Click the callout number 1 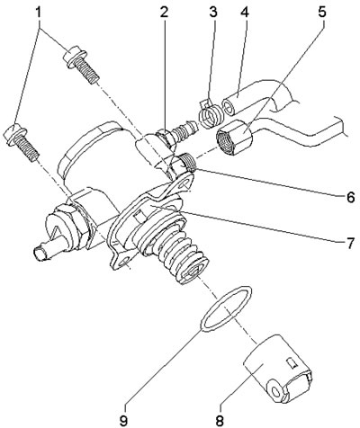[x=38, y=13]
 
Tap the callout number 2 [x=164, y=13]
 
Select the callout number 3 [x=212, y=13]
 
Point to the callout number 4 [x=245, y=13]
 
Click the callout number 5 [x=321, y=13]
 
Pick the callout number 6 [x=350, y=198]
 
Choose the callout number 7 [x=350, y=244]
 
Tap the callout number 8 [x=220, y=421]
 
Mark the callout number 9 [x=123, y=421]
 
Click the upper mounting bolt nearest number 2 [x=81, y=65]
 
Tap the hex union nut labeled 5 [x=234, y=137]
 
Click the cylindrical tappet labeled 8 [x=278, y=368]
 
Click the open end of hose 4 [x=229, y=108]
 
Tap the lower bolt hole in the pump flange [x=122, y=263]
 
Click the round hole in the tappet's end [x=275, y=391]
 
